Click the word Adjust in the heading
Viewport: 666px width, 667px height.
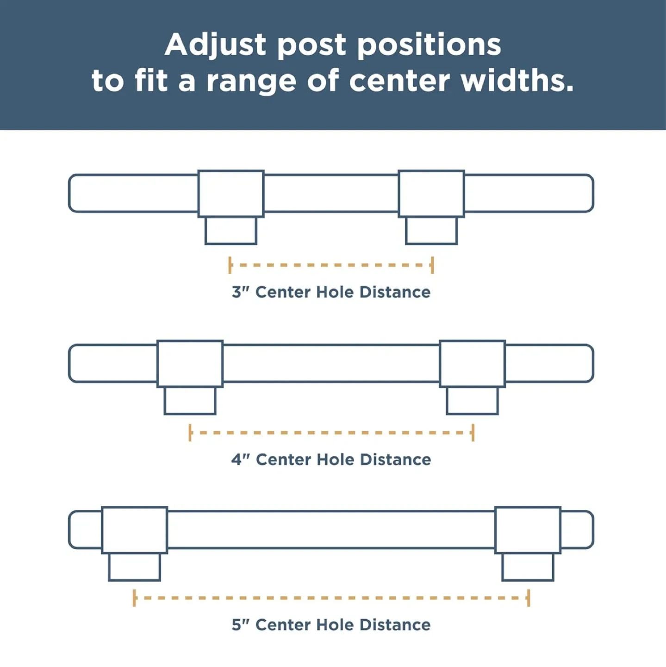pos(215,45)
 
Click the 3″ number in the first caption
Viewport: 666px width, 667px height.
pos(240,292)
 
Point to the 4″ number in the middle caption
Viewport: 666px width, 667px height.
pos(240,459)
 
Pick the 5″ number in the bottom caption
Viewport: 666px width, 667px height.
pos(240,625)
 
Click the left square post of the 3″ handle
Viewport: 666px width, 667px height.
pos(231,194)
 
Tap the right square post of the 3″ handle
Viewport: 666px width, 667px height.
pos(431,194)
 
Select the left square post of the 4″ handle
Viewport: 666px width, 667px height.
pos(190,364)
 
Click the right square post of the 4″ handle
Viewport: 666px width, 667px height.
pos(472,364)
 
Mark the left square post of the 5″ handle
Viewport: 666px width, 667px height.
pos(134,530)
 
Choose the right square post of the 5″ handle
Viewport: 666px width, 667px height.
pos(528,530)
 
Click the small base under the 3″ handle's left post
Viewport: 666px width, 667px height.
pos(231,230)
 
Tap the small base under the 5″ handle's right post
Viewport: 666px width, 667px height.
pos(528,567)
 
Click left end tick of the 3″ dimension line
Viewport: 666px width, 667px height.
pos(230,265)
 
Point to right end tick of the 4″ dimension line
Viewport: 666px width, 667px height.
pos(473,433)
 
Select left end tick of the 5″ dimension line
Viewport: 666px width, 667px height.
pos(134,598)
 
